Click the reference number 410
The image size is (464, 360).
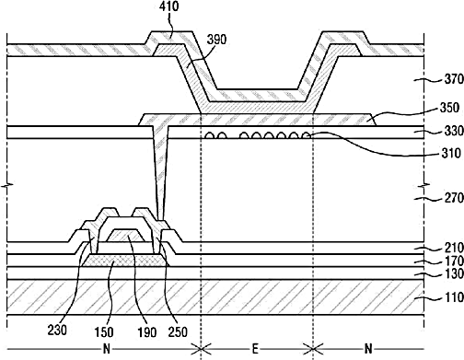(x=168, y=6)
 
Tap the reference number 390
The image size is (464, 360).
(x=216, y=40)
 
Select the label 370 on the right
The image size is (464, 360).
(x=454, y=79)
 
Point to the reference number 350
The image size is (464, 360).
(x=449, y=108)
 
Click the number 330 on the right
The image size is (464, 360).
(x=454, y=131)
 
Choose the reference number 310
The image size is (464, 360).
(x=451, y=153)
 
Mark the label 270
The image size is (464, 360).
(x=454, y=198)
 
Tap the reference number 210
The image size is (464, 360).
(x=454, y=248)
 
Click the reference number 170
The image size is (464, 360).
(x=454, y=261)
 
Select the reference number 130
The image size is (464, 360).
(x=454, y=273)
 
